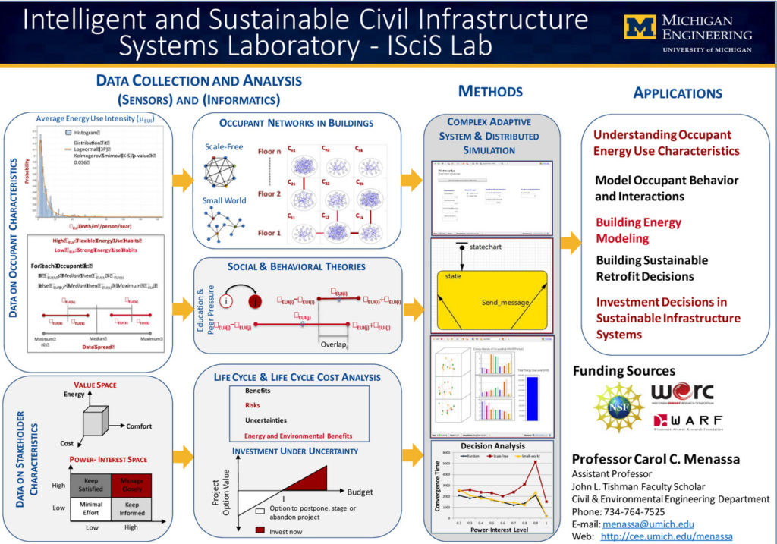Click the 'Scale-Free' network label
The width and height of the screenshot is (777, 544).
pyautogui.click(x=224, y=146)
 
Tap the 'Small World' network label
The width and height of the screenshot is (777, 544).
pyautogui.click(x=225, y=201)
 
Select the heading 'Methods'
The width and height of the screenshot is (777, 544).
pyautogui.click(x=490, y=92)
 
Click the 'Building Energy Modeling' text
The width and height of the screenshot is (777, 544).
pyautogui.click(x=638, y=231)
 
